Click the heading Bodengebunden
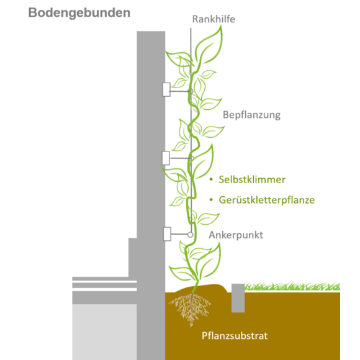click(79, 13)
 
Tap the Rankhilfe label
click(214, 19)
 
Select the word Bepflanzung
click(251, 115)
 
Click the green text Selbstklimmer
click(252, 179)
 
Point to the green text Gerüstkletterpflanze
click(266, 200)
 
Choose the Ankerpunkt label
click(236, 235)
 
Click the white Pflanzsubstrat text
click(235, 336)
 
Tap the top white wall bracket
click(166, 89)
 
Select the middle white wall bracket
click(166, 158)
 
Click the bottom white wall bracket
click(167, 234)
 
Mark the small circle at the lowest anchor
click(190, 235)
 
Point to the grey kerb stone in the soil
click(238, 298)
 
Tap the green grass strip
click(292, 287)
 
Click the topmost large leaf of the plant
click(210, 46)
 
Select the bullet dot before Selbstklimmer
click(211, 179)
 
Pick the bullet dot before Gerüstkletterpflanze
click(211, 200)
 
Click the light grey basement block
click(104, 332)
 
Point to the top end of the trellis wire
click(191, 28)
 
